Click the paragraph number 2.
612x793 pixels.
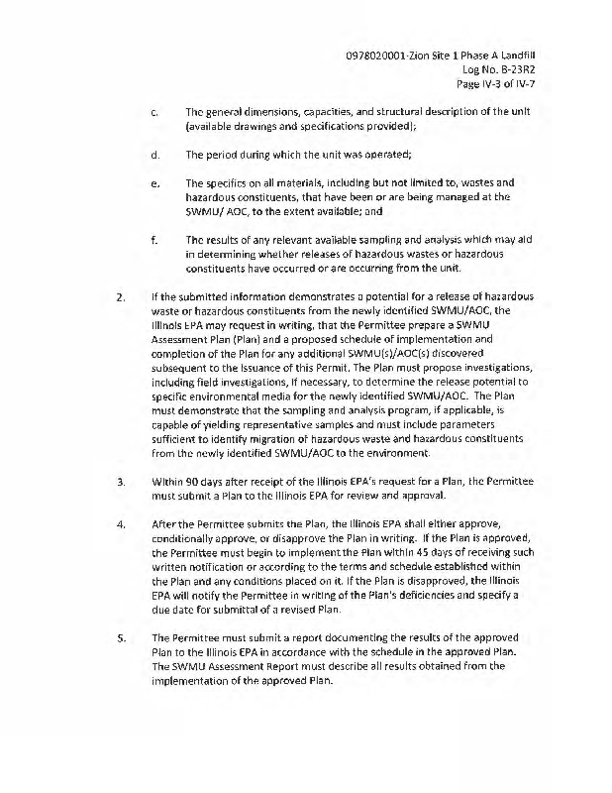point(120,296)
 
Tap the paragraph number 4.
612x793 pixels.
point(120,523)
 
